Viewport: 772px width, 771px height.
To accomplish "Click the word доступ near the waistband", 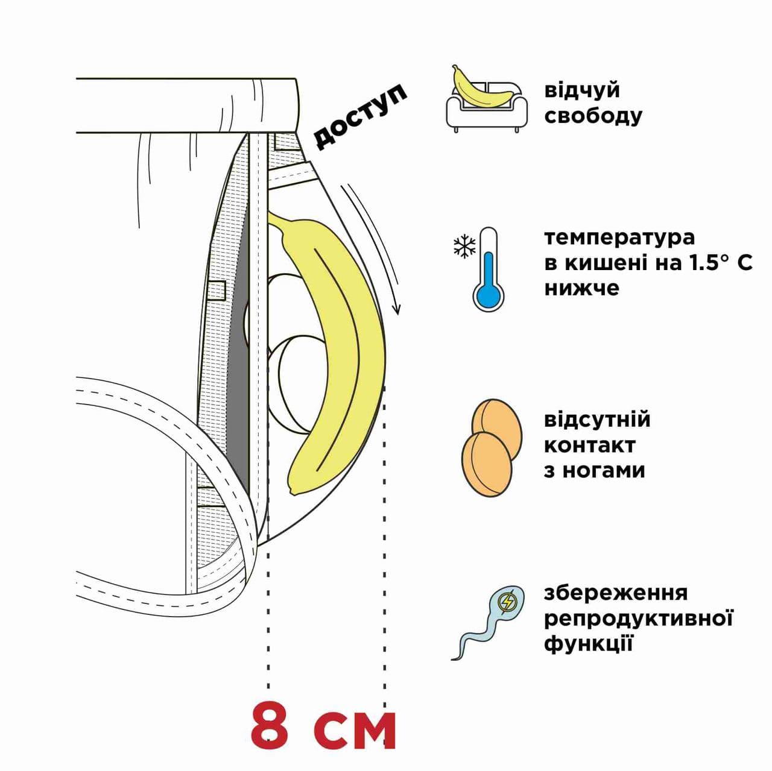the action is click(x=360, y=116).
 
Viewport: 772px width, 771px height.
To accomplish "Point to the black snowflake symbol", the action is click(x=464, y=245).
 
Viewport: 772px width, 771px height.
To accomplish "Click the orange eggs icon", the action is click(x=492, y=447).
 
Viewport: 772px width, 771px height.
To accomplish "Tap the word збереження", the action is click(x=616, y=594).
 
